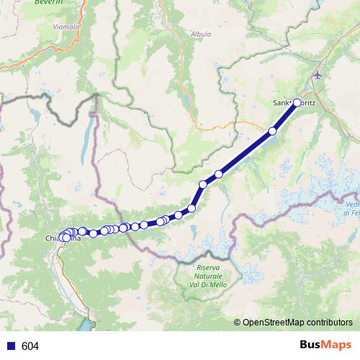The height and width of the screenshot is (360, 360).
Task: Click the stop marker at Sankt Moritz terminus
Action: click(x=297, y=102)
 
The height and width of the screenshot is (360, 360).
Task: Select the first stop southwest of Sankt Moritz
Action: click(x=272, y=130)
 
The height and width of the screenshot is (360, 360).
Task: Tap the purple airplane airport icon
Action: click(x=318, y=75)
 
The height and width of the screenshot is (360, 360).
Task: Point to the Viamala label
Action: click(x=66, y=27)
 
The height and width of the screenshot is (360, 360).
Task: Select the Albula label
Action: click(x=201, y=34)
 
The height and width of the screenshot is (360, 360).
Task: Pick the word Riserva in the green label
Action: click(x=208, y=267)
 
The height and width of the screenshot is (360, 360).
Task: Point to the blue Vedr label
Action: click(x=351, y=205)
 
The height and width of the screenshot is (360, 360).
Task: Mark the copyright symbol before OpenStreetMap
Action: click(x=237, y=323)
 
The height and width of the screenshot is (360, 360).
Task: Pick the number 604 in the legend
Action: click(x=30, y=346)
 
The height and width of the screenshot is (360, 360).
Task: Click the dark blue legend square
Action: click(x=11, y=346)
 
